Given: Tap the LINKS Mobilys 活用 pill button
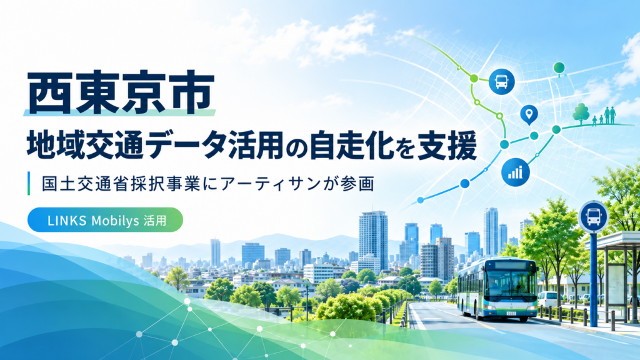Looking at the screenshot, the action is point(105,220).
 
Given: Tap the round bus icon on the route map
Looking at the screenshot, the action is point(502,82).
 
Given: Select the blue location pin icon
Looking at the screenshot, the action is point(529,115).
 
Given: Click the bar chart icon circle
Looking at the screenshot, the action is point(516,172).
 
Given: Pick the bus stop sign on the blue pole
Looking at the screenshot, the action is point(594,217).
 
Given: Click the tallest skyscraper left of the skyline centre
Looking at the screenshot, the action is point(373,241).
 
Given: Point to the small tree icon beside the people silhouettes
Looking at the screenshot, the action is point(581,114).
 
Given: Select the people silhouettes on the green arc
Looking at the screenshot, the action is point(604,116).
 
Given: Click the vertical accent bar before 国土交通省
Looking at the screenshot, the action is point(29,183).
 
